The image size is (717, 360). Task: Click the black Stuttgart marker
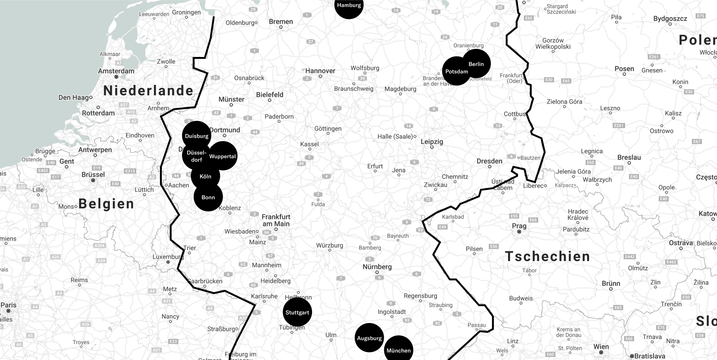tap(297, 312)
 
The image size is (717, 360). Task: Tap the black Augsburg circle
tap(369, 338)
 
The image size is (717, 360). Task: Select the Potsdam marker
tap(456, 71)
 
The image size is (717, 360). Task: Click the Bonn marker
tap(208, 197)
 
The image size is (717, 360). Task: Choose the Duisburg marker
tap(196, 135)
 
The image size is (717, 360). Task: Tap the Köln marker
tap(205, 176)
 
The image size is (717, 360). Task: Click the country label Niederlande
tap(148, 91)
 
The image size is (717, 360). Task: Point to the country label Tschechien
tap(548, 257)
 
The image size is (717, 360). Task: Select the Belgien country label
tap(106, 204)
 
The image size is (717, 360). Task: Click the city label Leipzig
tap(432, 142)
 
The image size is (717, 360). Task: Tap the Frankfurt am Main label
tap(276, 220)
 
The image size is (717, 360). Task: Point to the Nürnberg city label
tap(377, 267)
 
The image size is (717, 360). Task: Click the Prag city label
tap(519, 226)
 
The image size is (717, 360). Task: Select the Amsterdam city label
tap(116, 71)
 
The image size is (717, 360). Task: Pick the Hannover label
tap(320, 71)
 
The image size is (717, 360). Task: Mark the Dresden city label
tap(489, 161)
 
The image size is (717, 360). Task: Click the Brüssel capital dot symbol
tap(93, 180)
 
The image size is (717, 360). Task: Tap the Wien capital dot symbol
tap(601, 352)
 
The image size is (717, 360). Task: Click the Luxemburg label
tap(168, 257)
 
